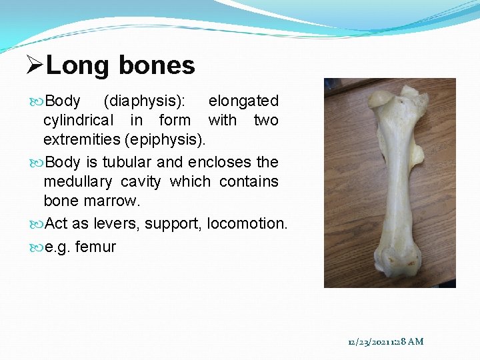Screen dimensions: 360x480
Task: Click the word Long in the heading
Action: point(77,65)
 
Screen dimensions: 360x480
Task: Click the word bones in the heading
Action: point(157,65)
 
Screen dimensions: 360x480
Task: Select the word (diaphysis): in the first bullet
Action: point(145,101)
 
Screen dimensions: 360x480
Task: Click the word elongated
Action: point(243,101)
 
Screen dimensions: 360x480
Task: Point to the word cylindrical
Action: point(78,121)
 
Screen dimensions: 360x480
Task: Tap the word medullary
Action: point(77,181)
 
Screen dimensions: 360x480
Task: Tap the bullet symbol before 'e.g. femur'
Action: point(36,247)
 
